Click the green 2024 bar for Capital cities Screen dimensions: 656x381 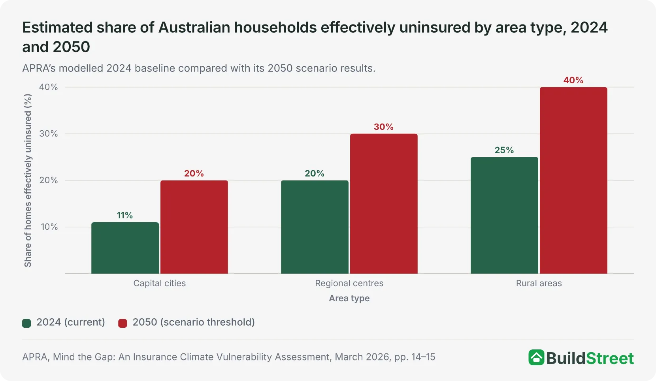tap(125, 248)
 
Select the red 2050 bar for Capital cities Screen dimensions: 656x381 tap(194, 227)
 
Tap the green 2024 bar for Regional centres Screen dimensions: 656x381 tap(315, 227)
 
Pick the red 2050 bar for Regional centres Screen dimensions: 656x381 tap(384, 204)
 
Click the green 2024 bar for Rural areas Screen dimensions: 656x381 tap(504, 215)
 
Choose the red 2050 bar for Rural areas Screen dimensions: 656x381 tap(573, 180)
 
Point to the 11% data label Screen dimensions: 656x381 tap(125, 215)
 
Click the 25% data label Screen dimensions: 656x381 tap(504, 150)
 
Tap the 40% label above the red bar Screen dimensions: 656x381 tap(573, 80)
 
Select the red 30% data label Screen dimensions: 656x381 tap(384, 127)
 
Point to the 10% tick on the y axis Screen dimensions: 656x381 tap(49, 227)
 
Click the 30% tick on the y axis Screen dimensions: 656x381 tap(49, 134)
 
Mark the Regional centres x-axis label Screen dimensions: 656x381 tap(349, 283)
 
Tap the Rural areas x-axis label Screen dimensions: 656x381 tap(539, 283)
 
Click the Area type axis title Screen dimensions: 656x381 tap(349, 298)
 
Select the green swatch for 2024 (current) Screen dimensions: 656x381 tap(26, 323)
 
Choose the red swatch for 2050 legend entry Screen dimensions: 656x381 tap(123, 323)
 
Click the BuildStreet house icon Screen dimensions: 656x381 tap(537, 357)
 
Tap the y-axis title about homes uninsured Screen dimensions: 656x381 tap(28, 180)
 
